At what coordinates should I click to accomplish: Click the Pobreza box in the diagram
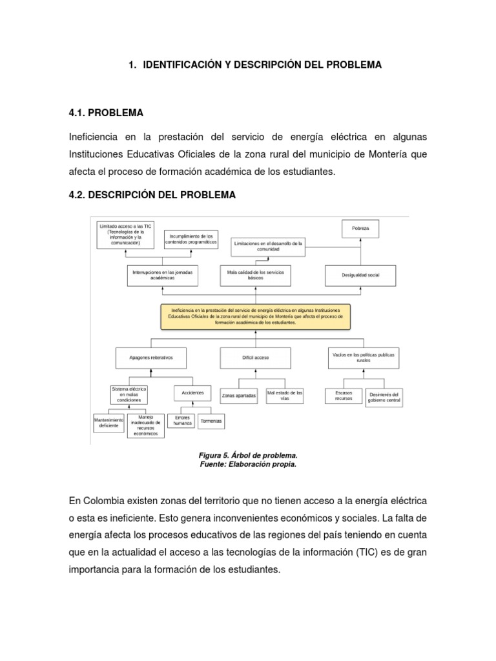tap(360, 229)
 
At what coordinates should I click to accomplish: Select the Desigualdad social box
tap(360, 276)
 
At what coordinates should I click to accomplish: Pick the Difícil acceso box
tap(256, 357)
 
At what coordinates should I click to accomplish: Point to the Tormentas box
tap(212, 420)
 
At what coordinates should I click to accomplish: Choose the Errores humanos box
tap(183, 420)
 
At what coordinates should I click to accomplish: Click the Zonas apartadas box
tap(239, 395)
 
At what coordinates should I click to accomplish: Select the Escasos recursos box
tap(344, 396)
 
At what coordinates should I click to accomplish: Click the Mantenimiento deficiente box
tap(108, 422)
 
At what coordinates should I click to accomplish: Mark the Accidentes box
tap(192, 392)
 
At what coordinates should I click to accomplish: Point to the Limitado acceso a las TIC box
tap(125, 235)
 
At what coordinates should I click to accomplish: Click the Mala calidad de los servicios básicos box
tap(255, 274)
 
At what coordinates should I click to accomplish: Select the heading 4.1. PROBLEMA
tap(105, 113)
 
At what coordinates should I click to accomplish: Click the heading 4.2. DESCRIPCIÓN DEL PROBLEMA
tap(152, 195)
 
